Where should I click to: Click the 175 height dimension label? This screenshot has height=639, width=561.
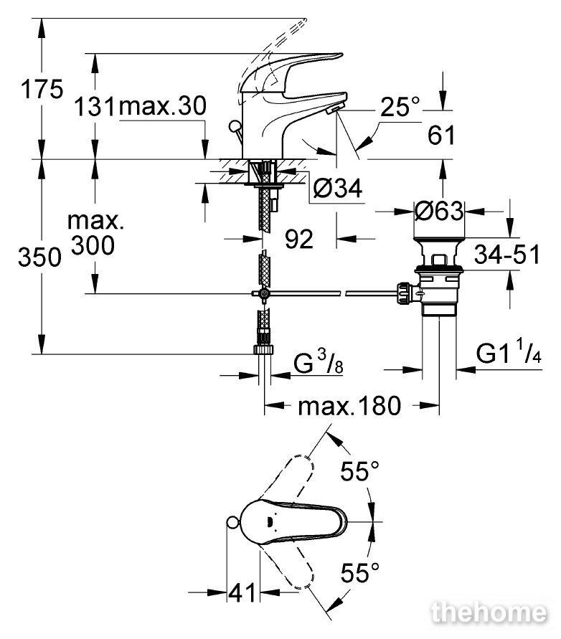[x=42, y=89]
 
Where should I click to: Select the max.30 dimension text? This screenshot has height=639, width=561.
[x=163, y=106]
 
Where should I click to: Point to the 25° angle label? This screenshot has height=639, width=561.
[x=400, y=107]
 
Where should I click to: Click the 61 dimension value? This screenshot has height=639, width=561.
[x=441, y=135]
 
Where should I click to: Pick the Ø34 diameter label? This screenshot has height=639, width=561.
[x=338, y=189]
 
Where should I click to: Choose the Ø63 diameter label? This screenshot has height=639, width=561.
[x=439, y=211]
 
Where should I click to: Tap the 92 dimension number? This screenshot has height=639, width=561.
[x=299, y=239]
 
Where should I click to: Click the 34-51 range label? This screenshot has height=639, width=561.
[x=507, y=255]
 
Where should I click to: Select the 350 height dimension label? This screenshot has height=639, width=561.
[x=39, y=257]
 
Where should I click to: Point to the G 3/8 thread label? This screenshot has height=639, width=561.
[x=319, y=363]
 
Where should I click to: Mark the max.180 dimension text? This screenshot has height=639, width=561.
[x=350, y=406]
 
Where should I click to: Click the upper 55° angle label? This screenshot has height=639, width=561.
[x=360, y=471]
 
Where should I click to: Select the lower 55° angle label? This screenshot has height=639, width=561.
[x=360, y=572]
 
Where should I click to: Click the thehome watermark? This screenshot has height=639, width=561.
[x=489, y=612]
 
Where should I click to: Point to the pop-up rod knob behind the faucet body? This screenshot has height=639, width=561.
[x=235, y=126]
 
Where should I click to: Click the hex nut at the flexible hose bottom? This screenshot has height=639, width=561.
[x=264, y=350]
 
